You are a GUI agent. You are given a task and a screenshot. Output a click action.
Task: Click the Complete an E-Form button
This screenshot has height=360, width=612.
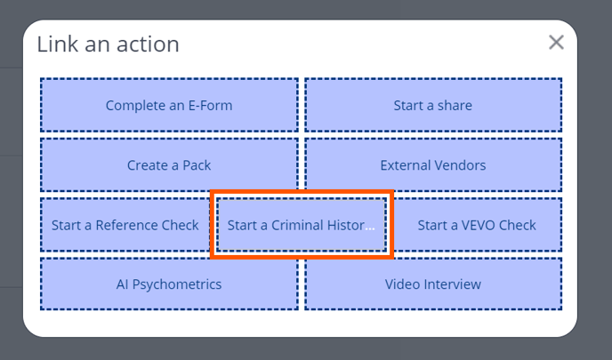(169, 105)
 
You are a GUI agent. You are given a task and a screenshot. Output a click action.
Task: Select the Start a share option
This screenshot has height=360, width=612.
(433, 105)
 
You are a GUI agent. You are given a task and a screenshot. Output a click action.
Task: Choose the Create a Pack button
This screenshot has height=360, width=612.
(169, 165)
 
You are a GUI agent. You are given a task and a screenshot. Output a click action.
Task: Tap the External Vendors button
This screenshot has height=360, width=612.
(433, 165)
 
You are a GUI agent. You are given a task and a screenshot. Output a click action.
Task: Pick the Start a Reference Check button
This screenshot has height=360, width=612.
(125, 225)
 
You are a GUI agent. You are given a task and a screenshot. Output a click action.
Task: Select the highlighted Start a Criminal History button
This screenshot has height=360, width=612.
(302, 225)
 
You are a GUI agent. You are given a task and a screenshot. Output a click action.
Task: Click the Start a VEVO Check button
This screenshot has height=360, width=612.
(477, 225)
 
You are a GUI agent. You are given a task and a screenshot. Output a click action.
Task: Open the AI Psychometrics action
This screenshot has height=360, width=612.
(169, 284)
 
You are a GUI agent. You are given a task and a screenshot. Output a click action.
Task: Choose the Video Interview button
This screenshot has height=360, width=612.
(433, 284)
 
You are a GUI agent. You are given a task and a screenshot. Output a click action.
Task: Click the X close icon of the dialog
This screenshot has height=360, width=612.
(556, 42)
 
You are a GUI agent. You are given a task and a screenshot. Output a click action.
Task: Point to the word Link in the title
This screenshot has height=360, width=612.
(58, 44)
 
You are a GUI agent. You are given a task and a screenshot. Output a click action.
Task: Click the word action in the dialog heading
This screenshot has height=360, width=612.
(148, 44)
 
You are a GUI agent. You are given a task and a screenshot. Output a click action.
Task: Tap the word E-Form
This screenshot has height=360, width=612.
(210, 105)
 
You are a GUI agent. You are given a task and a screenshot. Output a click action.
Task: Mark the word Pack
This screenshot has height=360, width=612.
(197, 165)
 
